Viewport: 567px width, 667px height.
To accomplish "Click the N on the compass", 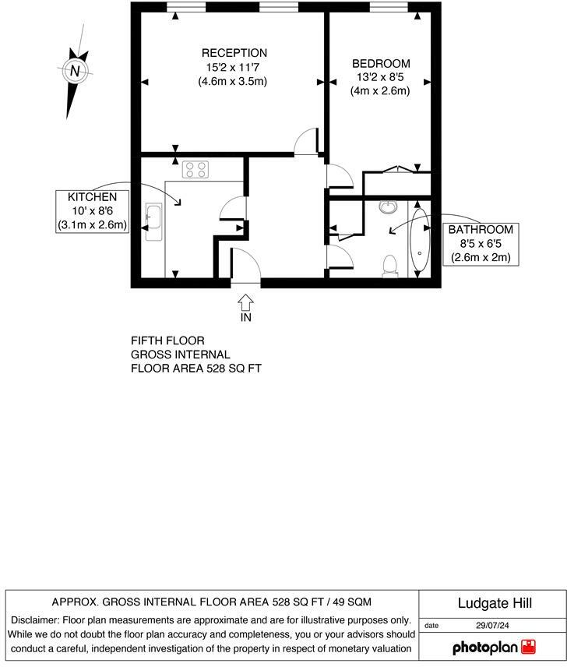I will (x=75, y=71).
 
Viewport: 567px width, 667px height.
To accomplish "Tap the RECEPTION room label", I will (x=234, y=53).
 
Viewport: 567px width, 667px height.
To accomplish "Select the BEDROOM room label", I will (x=380, y=63).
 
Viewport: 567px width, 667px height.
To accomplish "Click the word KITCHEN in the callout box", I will (x=92, y=197).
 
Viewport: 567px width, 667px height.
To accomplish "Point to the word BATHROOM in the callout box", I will (x=480, y=230).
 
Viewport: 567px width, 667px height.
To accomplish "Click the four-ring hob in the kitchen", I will (x=195, y=169).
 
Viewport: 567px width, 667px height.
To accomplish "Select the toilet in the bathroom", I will (x=390, y=266).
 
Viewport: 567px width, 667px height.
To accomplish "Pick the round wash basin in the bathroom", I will (x=388, y=207).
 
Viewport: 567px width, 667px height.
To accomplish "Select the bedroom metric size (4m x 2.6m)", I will (x=380, y=90).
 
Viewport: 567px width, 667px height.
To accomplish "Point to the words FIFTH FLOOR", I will (x=167, y=341).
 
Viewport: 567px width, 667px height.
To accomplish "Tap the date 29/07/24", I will (x=491, y=625).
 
